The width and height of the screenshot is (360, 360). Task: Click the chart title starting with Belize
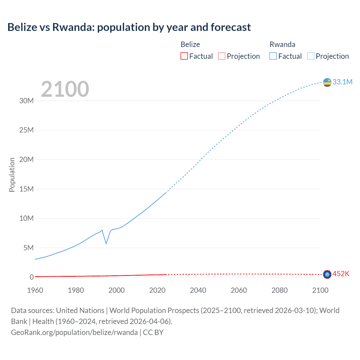(x=129, y=27)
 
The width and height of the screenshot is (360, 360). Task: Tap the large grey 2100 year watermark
(x=65, y=89)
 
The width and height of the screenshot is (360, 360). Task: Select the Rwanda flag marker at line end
(x=327, y=82)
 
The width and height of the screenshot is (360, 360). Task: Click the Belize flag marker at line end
(x=327, y=274)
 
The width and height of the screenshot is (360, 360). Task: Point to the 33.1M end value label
(x=342, y=82)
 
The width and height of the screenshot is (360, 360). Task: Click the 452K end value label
(x=341, y=274)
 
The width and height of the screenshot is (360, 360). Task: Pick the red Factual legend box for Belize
(x=184, y=56)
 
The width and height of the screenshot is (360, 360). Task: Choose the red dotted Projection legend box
(x=222, y=56)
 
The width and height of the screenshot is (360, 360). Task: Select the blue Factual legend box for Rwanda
(x=273, y=56)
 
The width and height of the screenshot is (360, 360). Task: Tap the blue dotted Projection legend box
(x=310, y=56)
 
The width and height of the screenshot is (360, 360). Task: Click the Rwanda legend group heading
(x=282, y=44)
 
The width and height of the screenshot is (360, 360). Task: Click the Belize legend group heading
(x=190, y=44)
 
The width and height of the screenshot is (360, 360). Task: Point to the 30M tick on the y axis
(x=26, y=101)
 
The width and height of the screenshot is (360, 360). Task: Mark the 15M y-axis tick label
(x=26, y=189)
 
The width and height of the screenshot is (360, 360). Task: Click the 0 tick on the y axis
(x=31, y=277)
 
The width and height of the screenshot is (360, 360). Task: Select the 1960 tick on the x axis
(x=35, y=290)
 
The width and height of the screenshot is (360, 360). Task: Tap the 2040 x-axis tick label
(x=198, y=290)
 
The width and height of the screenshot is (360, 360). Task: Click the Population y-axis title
(x=12, y=175)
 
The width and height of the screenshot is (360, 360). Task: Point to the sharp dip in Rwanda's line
(x=106, y=243)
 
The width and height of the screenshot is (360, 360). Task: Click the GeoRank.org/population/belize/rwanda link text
(x=74, y=332)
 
